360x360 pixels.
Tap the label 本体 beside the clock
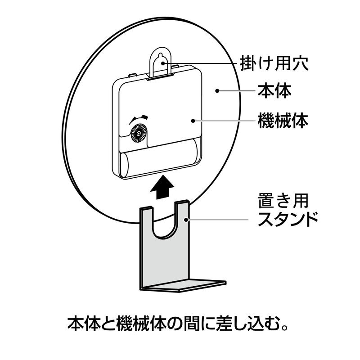click(274, 91)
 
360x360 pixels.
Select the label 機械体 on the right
click(283, 120)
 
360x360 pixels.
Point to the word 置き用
click(283, 201)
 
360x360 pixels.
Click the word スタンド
click(288, 220)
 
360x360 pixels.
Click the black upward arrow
click(162, 187)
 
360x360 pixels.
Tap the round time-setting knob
click(138, 134)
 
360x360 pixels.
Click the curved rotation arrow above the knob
click(139, 118)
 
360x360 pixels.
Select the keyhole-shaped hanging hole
click(162, 62)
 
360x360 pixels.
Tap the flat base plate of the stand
click(184, 285)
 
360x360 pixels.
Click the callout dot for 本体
click(216, 91)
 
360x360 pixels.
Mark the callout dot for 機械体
click(193, 120)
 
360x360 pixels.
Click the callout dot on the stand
click(187, 220)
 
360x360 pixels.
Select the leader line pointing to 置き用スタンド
click(218, 220)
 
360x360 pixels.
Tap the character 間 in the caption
click(185, 323)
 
